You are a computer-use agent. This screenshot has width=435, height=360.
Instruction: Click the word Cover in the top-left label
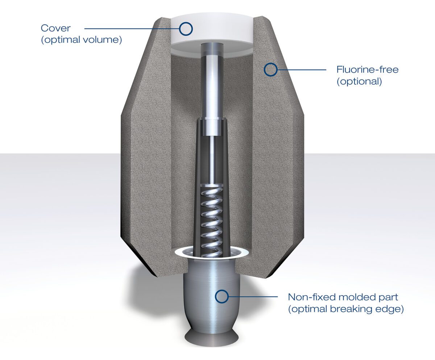click(55, 28)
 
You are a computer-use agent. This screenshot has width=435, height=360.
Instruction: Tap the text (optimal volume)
click(81, 39)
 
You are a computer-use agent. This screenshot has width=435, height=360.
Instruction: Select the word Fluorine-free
click(367, 69)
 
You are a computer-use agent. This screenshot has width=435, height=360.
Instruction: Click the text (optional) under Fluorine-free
click(359, 81)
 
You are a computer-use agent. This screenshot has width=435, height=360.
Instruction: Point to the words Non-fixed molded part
click(343, 297)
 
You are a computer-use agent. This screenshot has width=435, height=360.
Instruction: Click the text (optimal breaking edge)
click(345, 310)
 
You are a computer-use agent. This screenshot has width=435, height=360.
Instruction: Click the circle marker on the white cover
click(186, 28)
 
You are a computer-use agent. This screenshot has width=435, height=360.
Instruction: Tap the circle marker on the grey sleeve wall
click(270, 69)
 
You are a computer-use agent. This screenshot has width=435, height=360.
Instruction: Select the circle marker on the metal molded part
click(222, 296)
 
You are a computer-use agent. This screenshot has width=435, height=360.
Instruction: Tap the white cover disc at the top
click(210, 33)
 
